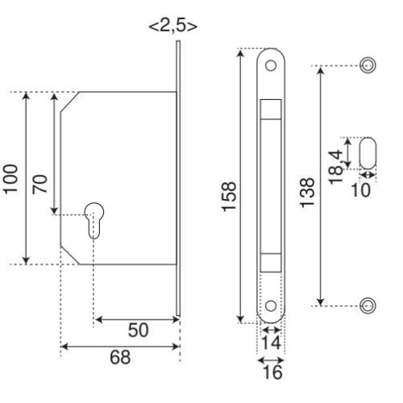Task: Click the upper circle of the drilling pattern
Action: [368, 64]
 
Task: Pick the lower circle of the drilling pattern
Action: [368, 305]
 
